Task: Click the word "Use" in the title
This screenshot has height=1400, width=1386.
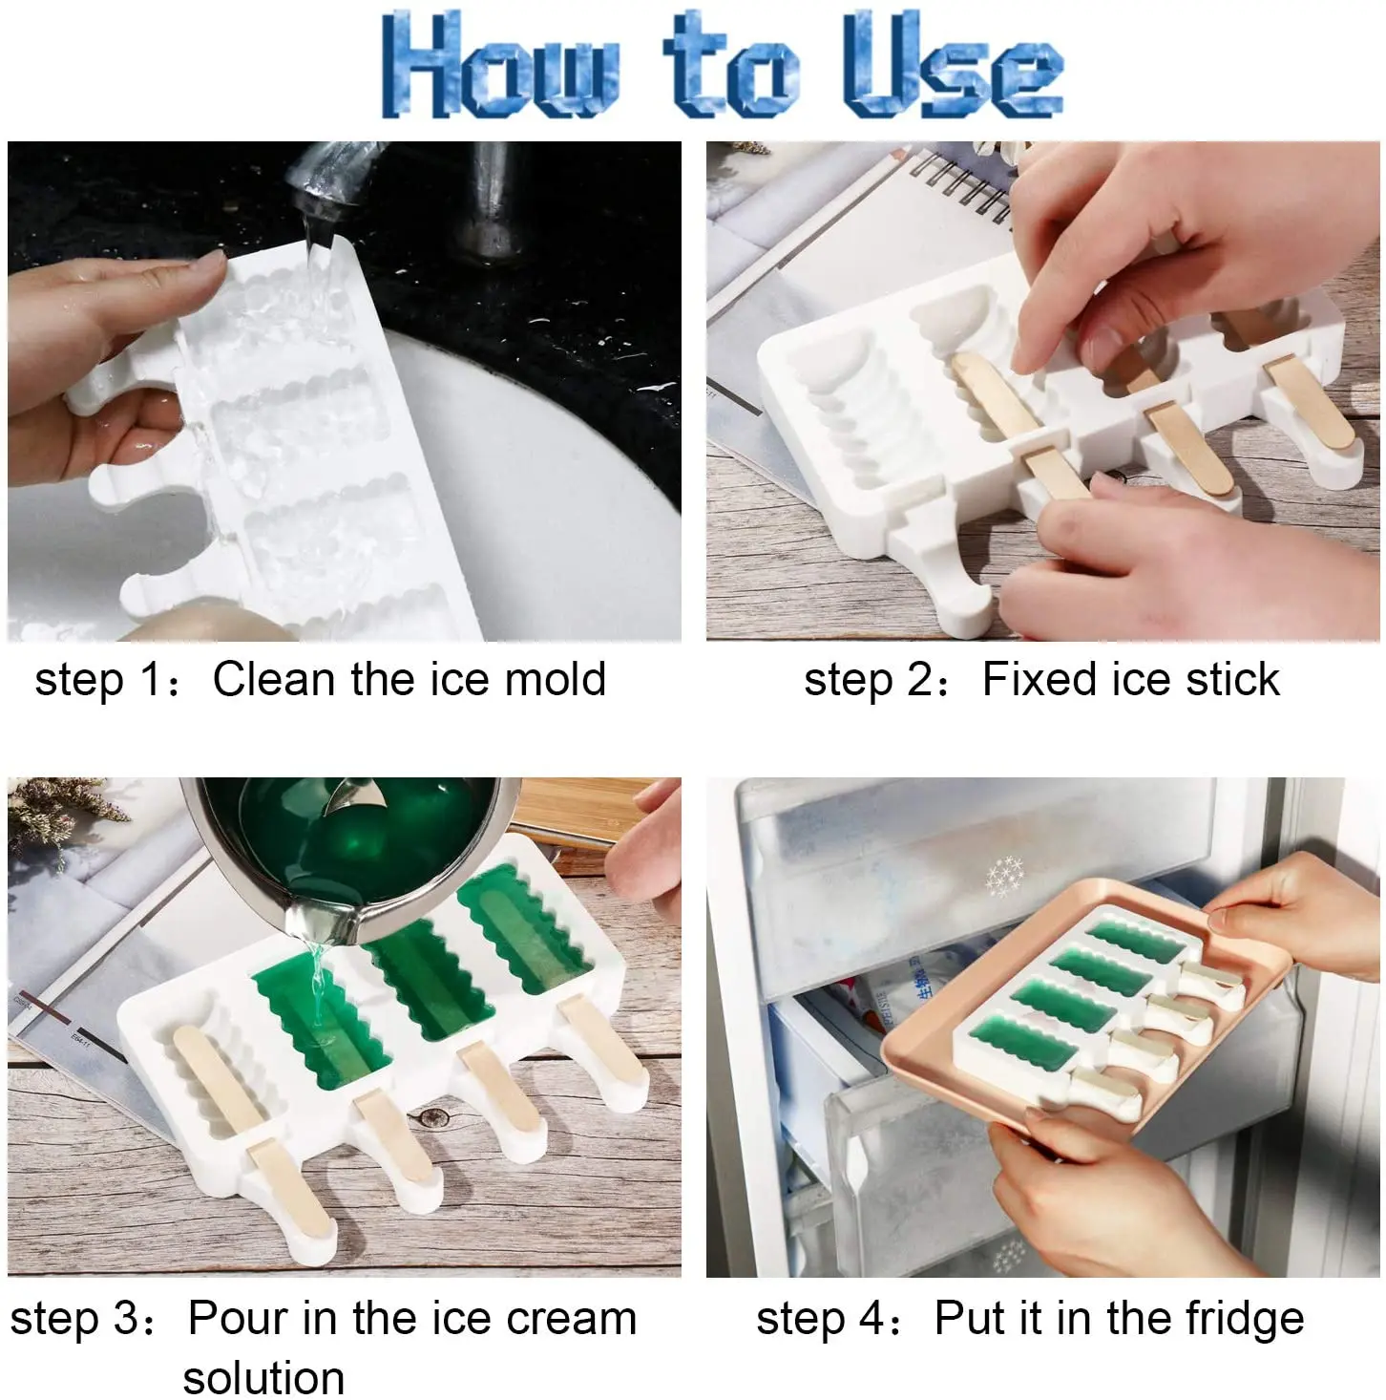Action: point(952,65)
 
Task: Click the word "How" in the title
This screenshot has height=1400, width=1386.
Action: point(500,65)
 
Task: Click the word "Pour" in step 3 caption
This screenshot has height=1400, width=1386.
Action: point(239,1318)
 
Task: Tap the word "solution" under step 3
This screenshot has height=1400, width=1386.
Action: point(263,1377)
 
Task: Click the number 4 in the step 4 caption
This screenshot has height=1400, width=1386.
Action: point(870,1319)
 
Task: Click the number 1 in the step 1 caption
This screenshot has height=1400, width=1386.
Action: point(150,680)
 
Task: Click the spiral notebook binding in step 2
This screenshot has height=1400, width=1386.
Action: point(960,185)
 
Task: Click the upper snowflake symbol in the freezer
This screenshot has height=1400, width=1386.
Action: point(1004,877)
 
